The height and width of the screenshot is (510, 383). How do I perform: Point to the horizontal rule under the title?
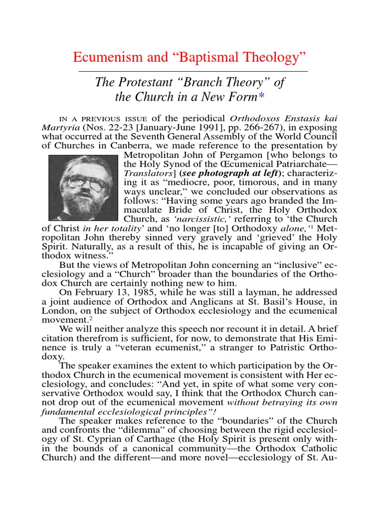[193, 71]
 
